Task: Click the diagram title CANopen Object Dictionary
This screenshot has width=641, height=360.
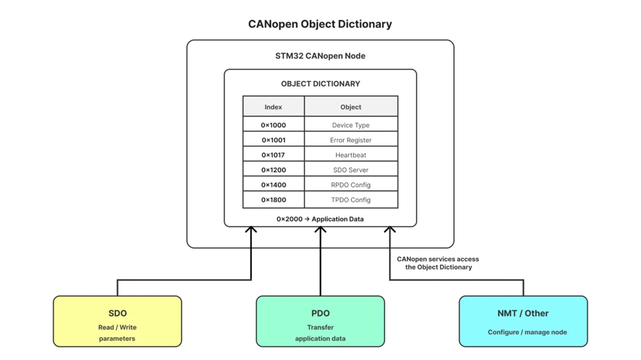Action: click(320, 24)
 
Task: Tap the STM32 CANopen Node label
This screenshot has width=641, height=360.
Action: click(320, 56)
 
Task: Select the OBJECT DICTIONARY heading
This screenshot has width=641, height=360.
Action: click(320, 84)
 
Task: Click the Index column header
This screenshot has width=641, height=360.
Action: click(274, 106)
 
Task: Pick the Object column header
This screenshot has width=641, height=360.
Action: click(351, 106)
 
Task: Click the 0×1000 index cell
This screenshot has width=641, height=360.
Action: click(274, 124)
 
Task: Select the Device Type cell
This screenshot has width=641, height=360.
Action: click(351, 124)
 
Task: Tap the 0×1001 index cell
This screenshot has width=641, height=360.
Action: click(274, 140)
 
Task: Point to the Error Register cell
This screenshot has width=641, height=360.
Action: click(351, 140)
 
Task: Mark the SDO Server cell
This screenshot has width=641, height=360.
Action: click(351, 169)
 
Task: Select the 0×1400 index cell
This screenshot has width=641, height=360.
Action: click(274, 184)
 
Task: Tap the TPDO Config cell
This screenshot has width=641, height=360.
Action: click(351, 199)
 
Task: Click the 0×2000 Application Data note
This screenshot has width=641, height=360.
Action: click(320, 219)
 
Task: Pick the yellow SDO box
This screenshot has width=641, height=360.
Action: click(117, 321)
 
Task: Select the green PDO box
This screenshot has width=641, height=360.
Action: click(320, 321)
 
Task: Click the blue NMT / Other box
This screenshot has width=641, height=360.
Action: click(523, 321)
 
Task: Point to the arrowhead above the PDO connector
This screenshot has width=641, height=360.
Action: click(320, 230)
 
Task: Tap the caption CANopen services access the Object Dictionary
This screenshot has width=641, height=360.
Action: click(438, 263)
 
